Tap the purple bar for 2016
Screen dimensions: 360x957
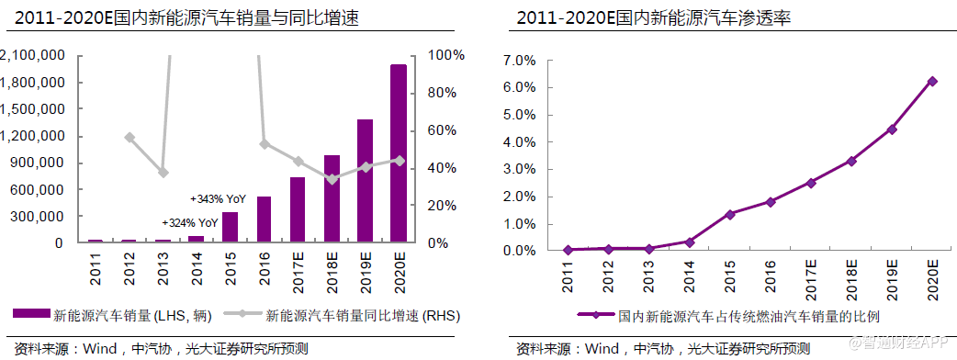[x=264, y=219]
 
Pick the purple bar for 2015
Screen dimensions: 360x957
[x=230, y=227]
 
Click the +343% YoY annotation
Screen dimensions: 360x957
[x=218, y=198]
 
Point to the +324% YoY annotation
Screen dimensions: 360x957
[x=190, y=222]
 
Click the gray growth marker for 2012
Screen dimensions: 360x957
[x=129, y=138]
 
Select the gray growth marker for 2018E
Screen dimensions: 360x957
[x=332, y=179]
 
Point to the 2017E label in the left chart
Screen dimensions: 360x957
[x=298, y=274]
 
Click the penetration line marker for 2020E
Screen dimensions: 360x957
[x=932, y=81]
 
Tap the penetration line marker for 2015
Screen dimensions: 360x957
[x=730, y=214]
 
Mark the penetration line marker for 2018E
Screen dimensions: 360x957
[x=851, y=161]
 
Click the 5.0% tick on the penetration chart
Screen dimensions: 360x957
[x=519, y=115]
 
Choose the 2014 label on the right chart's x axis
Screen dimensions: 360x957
[x=690, y=276]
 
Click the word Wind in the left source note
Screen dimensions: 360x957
[x=101, y=349]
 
